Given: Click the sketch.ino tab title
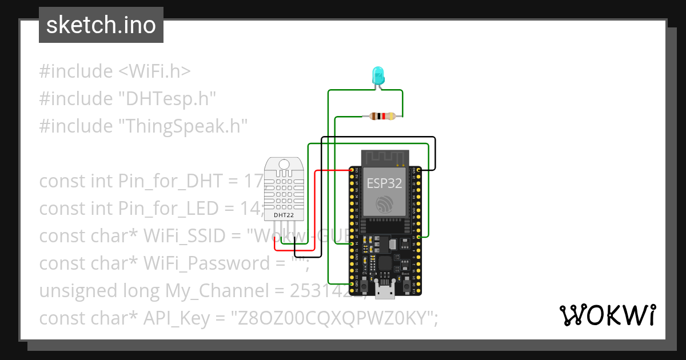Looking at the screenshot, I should [x=101, y=25].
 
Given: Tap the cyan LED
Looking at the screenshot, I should [x=378, y=75].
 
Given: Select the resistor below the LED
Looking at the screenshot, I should [x=381, y=116].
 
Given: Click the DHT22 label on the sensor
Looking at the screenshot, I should [x=284, y=215].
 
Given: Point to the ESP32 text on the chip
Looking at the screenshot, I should [x=384, y=183].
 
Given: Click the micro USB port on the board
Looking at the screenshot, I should [x=384, y=290].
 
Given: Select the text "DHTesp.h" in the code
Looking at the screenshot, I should [x=167, y=99].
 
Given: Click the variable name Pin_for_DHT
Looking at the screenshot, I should [x=170, y=181].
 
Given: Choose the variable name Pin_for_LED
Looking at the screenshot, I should [x=169, y=209].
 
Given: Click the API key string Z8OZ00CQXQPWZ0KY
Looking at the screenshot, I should [x=330, y=318].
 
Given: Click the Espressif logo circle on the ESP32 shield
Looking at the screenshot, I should [x=384, y=205].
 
